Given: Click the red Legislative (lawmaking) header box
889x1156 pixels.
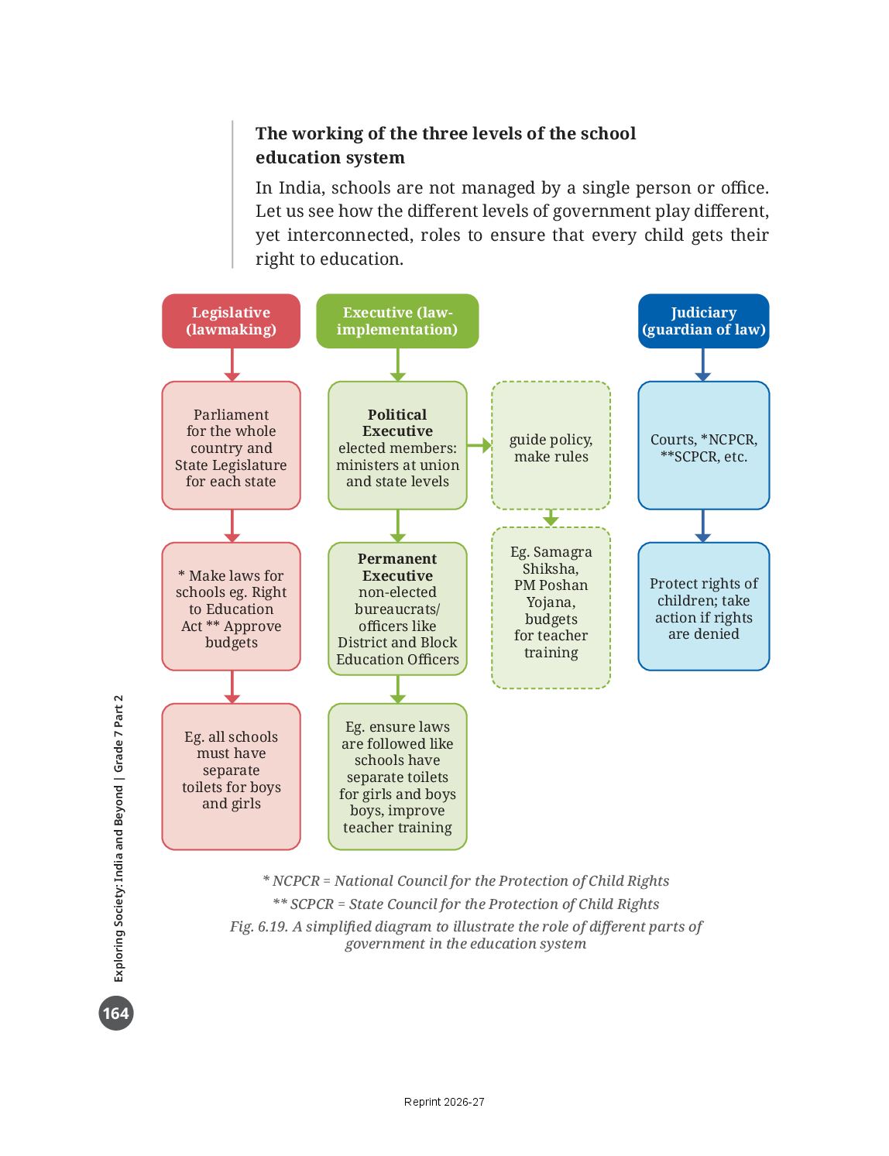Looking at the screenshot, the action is click(231, 321).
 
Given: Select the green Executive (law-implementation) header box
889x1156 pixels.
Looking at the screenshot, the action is click(397, 321).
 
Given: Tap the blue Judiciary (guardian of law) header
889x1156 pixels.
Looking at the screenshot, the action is click(703, 321).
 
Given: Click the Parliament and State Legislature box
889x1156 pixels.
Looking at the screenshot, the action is click(231, 445).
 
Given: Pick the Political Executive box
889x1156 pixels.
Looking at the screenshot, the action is click(397, 445).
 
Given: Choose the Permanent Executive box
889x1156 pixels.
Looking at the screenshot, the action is click(397, 609).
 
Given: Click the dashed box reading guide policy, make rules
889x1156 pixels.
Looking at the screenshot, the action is click(551, 445).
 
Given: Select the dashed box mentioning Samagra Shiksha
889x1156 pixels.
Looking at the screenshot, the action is click(551, 608).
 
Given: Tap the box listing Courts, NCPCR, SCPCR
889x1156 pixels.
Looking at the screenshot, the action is click(703, 445).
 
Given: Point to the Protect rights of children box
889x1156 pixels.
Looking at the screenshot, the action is click(703, 606).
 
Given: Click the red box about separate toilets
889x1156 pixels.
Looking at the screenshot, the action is click(231, 776).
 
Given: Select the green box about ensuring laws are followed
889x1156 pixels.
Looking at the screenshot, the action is click(397, 776).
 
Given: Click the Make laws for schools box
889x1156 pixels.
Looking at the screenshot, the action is click(231, 606).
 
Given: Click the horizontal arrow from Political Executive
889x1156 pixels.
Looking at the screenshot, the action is click(479, 445).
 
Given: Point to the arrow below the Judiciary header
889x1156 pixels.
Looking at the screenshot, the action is click(703, 365).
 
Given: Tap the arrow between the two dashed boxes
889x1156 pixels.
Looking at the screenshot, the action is click(551, 518).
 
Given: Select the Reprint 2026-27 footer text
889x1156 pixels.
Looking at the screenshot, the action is click(444, 1102).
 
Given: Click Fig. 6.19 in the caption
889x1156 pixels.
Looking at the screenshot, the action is click(259, 926).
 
